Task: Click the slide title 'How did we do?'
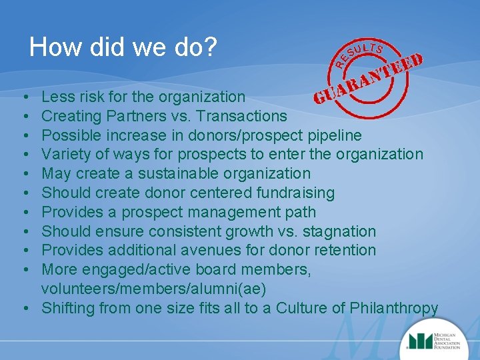(x=123, y=47)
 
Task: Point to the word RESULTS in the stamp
(x=359, y=53)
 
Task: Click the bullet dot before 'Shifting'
(x=24, y=309)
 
